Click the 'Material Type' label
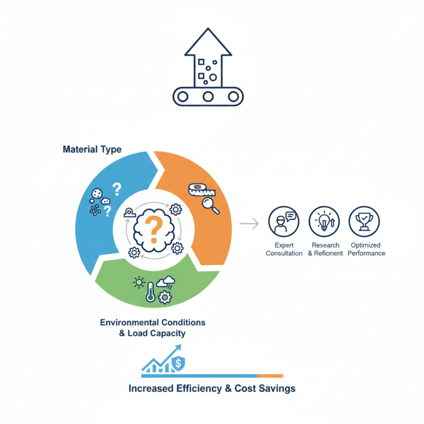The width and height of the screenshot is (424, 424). [92, 149]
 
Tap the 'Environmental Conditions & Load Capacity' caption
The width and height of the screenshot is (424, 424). [153, 328]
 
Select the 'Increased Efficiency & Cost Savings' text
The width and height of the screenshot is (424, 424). [212, 388]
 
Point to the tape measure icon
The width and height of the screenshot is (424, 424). [201, 190]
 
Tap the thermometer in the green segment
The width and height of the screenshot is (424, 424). [151, 292]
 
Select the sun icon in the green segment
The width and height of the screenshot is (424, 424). [139, 282]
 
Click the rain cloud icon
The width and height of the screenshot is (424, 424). [166, 282]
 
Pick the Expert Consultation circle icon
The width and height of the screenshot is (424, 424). [284, 222]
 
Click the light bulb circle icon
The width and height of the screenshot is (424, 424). [324, 222]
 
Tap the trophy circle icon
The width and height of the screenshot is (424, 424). [364, 222]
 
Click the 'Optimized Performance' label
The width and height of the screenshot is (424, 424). [366, 249]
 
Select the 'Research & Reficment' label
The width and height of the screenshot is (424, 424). [325, 249]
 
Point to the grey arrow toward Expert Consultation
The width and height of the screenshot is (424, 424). [249, 224]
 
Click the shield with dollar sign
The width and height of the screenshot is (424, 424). [179, 363]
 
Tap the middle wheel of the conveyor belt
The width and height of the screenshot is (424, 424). [208, 96]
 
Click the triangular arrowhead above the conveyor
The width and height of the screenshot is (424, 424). [208, 42]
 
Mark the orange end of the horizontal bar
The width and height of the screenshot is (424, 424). [270, 376]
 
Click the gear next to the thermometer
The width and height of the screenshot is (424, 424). [165, 297]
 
